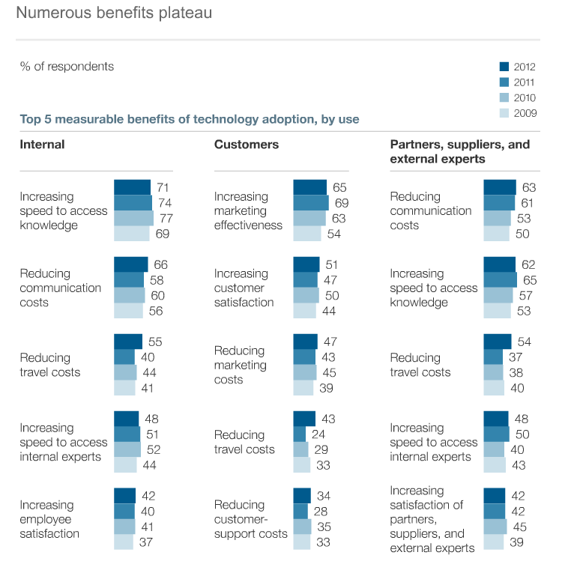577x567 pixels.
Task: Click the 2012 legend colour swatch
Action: click(x=504, y=67)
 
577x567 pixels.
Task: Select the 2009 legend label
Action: click(x=525, y=114)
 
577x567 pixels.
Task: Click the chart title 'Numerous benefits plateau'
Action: click(x=114, y=13)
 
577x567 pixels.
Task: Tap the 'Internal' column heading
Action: click(x=42, y=144)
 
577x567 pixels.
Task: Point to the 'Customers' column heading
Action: click(x=247, y=144)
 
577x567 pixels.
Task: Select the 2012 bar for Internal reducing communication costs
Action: click(x=130, y=264)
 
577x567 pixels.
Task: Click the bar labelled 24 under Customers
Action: click(x=300, y=434)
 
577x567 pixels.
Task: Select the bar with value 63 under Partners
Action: click(x=500, y=187)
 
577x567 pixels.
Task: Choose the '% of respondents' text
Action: click(x=67, y=66)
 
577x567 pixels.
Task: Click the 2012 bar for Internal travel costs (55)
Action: click(x=127, y=342)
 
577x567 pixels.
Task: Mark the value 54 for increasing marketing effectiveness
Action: click(x=333, y=234)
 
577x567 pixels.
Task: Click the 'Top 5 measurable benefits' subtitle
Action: click(x=189, y=118)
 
